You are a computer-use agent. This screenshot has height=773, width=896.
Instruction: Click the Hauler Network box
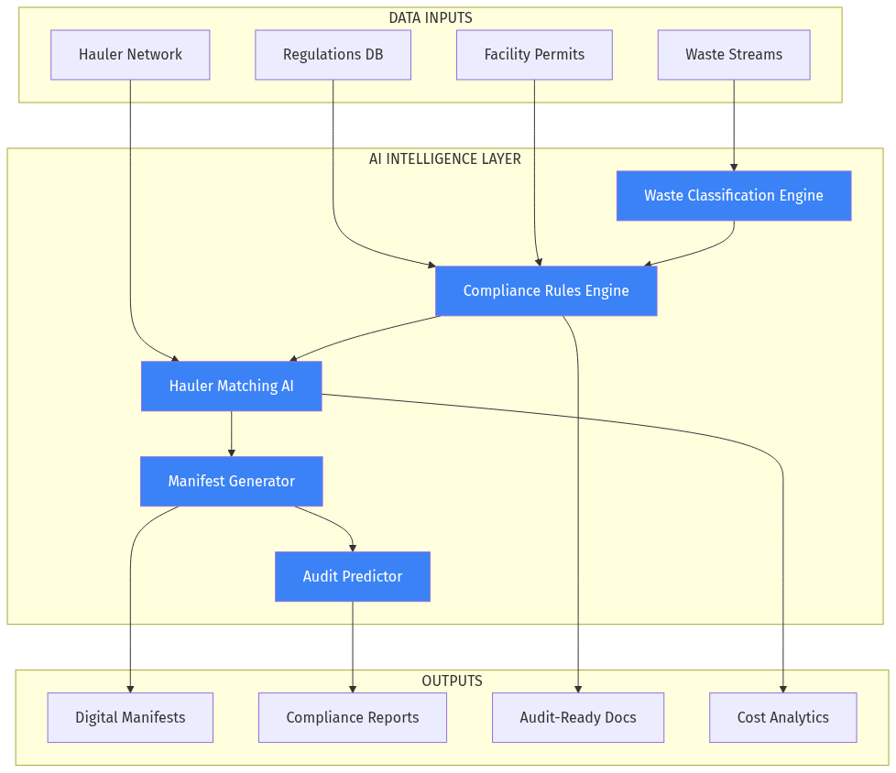[x=130, y=55]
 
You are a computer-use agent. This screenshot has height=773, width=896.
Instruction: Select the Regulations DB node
[x=333, y=55]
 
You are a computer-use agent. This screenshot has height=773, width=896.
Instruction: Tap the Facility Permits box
[x=534, y=55]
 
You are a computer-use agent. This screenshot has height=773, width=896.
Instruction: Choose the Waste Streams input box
[x=734, y=55]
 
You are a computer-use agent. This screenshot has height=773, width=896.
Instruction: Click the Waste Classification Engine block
[x=734, y=196]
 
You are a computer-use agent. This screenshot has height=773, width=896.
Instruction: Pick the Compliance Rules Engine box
[x=546, y=291]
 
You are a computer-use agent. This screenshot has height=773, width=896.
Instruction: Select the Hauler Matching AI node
[x=231, y=386]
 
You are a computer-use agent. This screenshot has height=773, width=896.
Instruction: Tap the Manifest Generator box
[x=231, y=482]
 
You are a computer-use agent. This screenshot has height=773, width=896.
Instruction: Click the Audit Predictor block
[x=353, y=577]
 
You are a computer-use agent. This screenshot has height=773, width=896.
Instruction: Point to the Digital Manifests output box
[x=130, y=718]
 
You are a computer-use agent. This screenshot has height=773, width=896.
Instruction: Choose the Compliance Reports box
[x=353, y=718]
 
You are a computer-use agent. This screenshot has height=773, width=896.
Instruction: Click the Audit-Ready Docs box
[x=578, y=718]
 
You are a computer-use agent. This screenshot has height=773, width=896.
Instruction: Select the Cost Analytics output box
[x=783, y=718]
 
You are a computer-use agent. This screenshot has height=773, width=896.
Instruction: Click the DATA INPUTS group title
[x=431, y=17]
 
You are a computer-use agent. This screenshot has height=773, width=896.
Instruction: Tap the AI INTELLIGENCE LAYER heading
[x=445, y=158]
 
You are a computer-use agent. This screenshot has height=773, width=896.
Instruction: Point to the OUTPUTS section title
[x=452, y=680]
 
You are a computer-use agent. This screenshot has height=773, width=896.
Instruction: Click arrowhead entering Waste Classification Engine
[x=734, y=167]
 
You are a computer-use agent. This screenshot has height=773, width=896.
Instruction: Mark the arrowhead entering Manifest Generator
[x=231, y=452]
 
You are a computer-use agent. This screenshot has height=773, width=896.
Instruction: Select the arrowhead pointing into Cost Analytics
[x=783, y=689]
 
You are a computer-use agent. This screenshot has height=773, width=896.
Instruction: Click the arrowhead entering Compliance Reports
[x=353, y=689]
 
